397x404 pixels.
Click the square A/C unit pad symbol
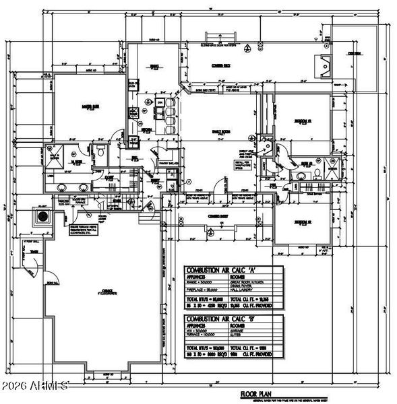click(44, 217)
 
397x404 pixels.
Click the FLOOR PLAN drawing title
click(257, 393)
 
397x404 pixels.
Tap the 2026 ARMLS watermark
click(35, 386)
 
